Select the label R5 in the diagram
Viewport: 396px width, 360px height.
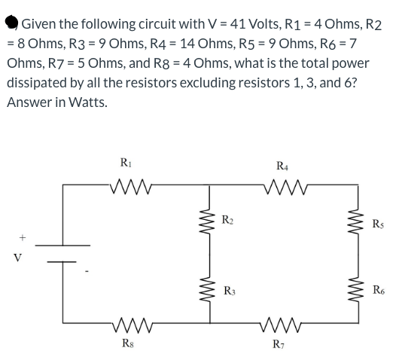point(377,223)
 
